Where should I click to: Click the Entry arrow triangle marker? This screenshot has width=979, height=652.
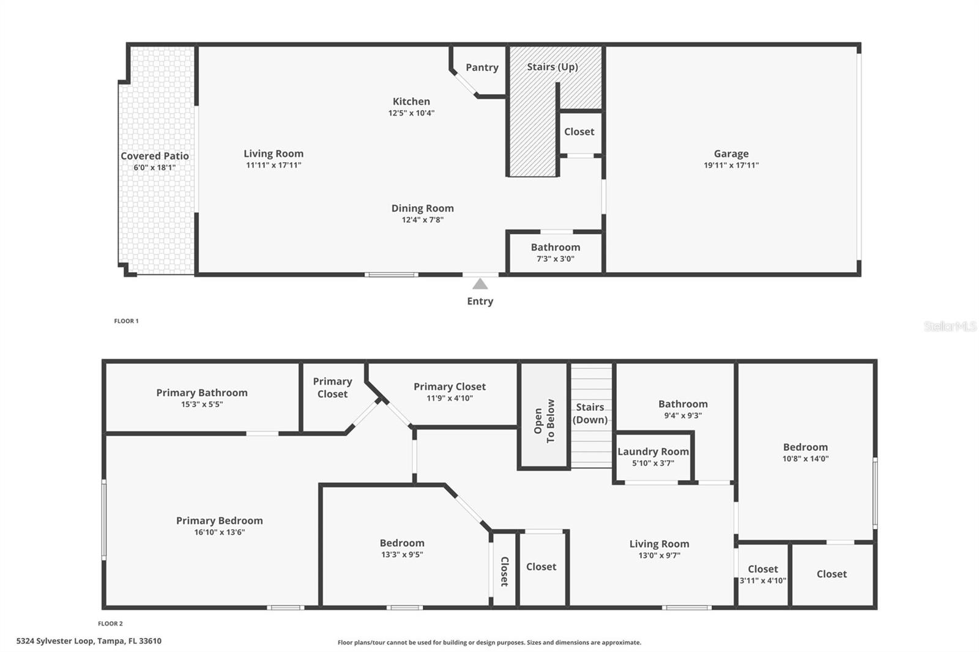[x=480, y=284]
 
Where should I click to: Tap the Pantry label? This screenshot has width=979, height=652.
[x=482, y=67]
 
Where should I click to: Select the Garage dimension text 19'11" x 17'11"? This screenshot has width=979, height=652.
[x=731, y=165]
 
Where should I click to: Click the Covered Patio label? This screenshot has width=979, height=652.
[x=154, y=156]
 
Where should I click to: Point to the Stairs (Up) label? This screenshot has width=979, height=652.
[x=553, y=67]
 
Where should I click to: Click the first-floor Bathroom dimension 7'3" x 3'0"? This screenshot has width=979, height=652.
[x=556, y=259]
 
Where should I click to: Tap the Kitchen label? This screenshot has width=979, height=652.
[x=411, y=102]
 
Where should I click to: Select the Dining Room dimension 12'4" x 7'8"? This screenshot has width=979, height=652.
[x=423, y=220]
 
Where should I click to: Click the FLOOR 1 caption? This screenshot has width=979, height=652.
[x=127, y=321]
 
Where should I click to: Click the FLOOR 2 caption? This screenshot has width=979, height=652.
[x=110, y=624]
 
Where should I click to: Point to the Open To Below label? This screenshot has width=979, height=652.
[x=544, y=421]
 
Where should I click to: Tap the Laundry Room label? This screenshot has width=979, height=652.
[x=653, y=451]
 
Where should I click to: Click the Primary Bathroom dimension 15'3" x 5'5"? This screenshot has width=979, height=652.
[x=202, y=404]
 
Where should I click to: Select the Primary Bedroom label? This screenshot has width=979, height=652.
[x=220, y=520]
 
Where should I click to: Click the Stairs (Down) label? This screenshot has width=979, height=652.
[x=590, y=413]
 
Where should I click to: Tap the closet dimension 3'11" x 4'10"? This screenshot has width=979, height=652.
[x=763, y=580]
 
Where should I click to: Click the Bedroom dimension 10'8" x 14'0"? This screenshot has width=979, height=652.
[x=805, y=459]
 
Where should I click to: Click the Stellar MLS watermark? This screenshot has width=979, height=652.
[x=950, y=327]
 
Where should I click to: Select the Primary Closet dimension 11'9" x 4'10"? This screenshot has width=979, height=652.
[x=450, y=398]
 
